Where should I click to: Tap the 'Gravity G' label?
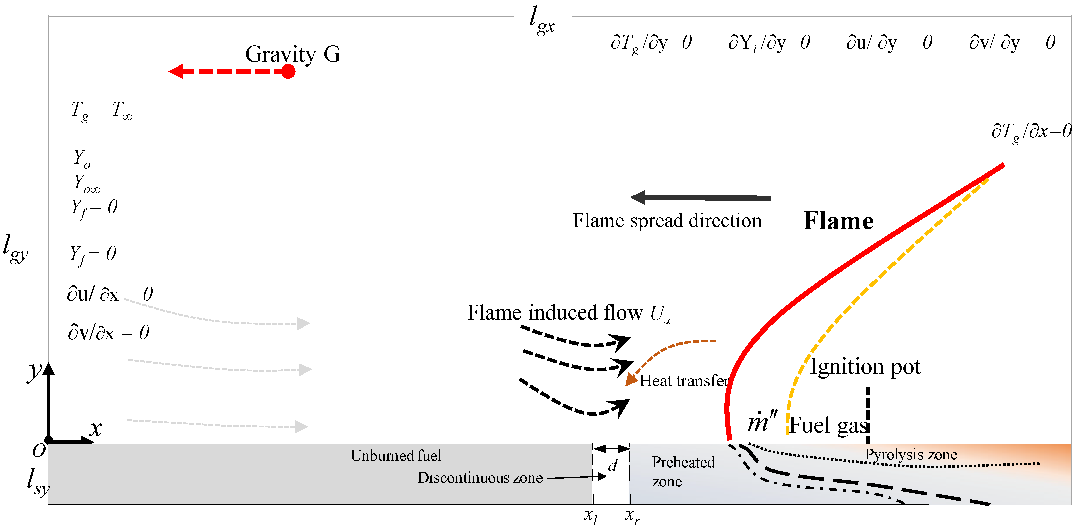click(292, 54)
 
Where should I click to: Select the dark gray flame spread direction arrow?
click(701, 197)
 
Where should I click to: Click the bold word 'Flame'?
click(838, 221)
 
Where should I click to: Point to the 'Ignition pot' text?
click(864, 366)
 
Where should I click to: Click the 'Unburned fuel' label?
click(395, 456)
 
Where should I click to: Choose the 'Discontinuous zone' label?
click(480, 478)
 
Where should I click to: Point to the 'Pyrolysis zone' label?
click(911, 454)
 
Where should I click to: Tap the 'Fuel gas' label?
click(828, 425)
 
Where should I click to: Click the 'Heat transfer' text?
click(684, 381)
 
